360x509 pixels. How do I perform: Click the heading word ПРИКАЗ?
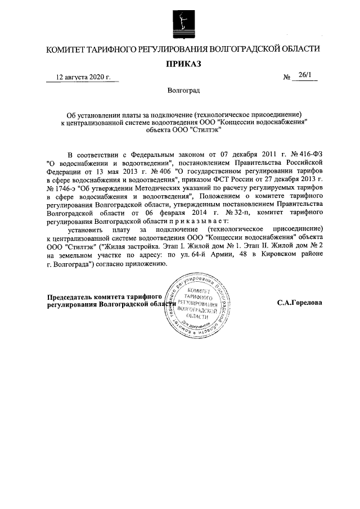(x=180, y=64)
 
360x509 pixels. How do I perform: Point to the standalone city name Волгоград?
(x=180, y=90)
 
